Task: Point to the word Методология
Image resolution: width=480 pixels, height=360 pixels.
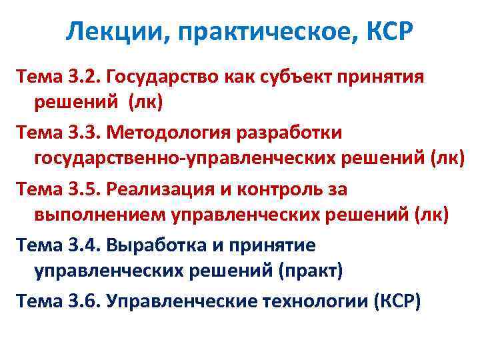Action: click(x=167, y=133)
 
